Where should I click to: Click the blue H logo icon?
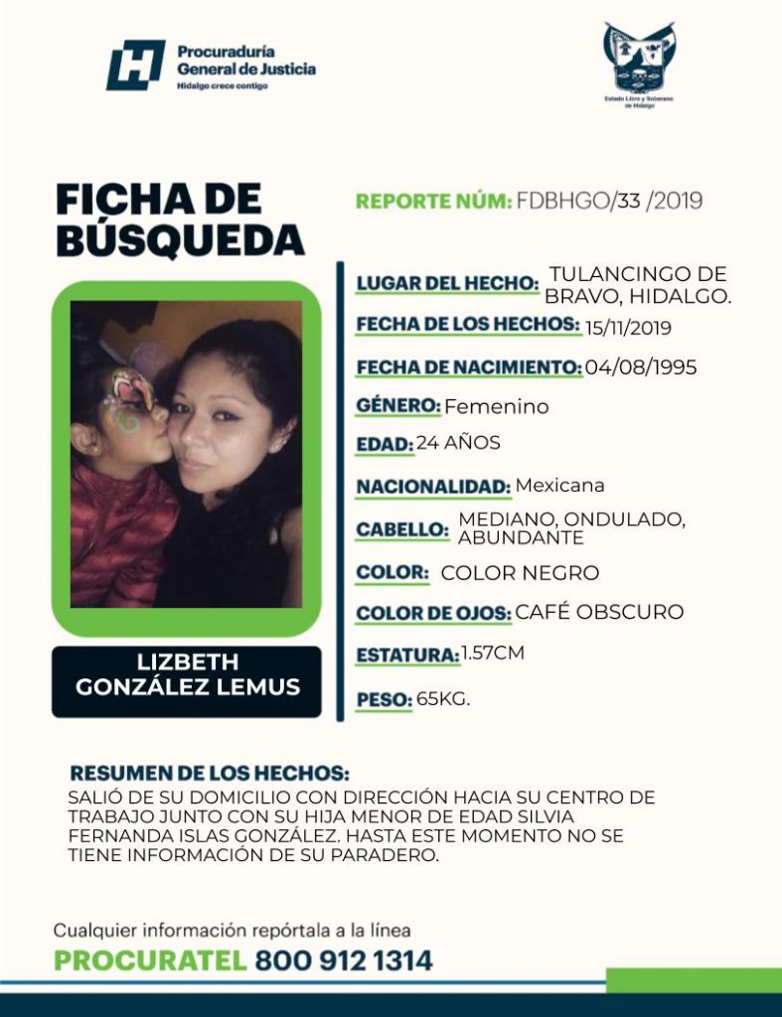(135, 66)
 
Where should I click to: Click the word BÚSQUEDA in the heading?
(179, 239)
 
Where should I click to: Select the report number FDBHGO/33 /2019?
(609, 202)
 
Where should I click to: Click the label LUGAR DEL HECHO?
(447, 284)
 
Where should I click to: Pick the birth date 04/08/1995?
(641, 367)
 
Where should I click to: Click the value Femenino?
(496, 406)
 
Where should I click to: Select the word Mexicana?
(560, 486)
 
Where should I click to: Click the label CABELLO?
(402, 529)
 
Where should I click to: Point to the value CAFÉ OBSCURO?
(599, 612)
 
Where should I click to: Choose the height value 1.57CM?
(493, 654)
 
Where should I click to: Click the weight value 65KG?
(443, 699)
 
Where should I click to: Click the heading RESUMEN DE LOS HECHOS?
(210, 774)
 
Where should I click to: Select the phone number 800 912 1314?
(344, 961)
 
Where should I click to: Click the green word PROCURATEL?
(149, 961)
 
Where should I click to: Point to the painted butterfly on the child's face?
(128, 398)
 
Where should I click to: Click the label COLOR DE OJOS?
(433, 614)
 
